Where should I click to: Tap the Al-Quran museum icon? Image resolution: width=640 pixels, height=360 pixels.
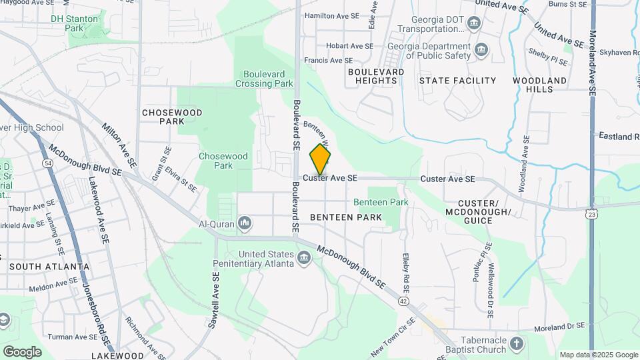(245, 223)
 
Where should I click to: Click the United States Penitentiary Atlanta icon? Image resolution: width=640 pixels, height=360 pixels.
(305, 257)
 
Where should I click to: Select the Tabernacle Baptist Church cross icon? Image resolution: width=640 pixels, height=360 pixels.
(517, 344)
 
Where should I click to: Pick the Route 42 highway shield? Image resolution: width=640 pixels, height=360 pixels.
(404, 301)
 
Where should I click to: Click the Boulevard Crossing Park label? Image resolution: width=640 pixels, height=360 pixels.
(264, 79)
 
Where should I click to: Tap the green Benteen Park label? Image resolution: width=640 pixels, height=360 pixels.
(381, 202)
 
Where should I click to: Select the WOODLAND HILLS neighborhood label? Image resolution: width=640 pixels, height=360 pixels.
(539, 85)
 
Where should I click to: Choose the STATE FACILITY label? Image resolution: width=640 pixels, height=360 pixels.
(457, 81)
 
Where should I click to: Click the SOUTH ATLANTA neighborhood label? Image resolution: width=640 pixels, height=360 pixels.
(49, 267)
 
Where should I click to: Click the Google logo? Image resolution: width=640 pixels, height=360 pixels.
(22, 351)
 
